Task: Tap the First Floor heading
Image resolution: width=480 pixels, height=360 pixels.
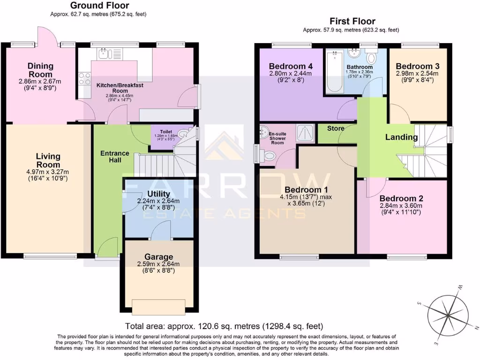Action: point(352,21)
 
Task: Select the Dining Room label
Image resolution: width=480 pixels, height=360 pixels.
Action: point(40,70)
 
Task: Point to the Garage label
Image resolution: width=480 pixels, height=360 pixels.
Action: point(158,257)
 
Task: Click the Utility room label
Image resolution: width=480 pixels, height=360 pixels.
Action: point(158,194)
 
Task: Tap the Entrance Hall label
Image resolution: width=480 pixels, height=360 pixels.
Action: point(115,157)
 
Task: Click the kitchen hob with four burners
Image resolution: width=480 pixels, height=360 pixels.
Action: point(85,78)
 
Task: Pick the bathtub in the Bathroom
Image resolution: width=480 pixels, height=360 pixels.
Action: point(334,73)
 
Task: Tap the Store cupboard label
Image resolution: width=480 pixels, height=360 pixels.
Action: point(336,128)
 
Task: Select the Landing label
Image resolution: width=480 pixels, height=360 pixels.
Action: point(401,137)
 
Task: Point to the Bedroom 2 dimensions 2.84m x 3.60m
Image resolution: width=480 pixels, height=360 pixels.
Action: point(401,205)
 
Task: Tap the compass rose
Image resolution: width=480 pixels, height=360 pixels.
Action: point(449,314)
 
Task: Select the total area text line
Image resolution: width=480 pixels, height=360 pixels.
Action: point(224,326)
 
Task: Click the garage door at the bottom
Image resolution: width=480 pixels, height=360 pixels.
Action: point(158,307)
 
